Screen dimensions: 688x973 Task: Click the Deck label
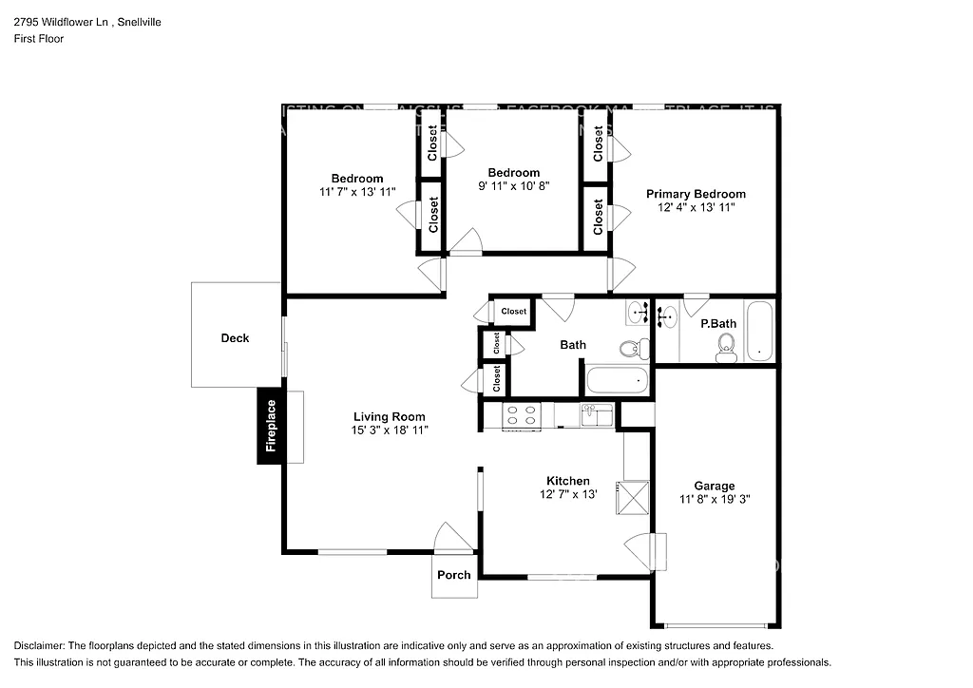click(x=235, y=338)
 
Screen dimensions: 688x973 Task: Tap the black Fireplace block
click(x=270, y=426)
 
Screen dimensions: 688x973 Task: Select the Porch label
click(x=453, y=575)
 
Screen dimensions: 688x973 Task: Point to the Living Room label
click(x=389, y=416)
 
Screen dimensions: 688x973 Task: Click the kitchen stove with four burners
click(x=522, y=414)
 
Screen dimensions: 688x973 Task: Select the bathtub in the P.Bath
click(x=759, y=331)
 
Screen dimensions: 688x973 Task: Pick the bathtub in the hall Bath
click(x=617, y=382)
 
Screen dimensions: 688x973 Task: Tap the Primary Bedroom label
click(x=696, y=194)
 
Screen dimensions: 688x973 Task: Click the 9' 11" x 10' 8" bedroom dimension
click(x=514, y=186)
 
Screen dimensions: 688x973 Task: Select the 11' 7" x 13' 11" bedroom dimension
click(x=357, y=192)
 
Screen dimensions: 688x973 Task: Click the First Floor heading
click(x=39, y=39)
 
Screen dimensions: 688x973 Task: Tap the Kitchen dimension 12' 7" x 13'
click(x=567, y=494)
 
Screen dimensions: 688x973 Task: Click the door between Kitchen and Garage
click(x=643, y=551)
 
